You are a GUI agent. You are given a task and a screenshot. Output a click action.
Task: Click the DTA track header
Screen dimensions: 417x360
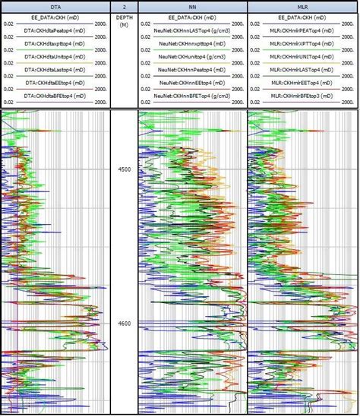tap(55, 5)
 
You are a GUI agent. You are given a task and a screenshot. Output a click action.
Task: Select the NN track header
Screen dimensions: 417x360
tap(192, 5)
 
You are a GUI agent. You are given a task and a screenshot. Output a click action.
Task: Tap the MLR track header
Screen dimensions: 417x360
tap(302, 5)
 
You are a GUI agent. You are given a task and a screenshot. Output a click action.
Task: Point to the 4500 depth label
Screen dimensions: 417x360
tap(124, 169)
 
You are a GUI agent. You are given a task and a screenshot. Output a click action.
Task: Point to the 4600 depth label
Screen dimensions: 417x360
tap(124, 324)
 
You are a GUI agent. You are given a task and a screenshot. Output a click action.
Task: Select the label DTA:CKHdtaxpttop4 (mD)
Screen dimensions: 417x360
tap(55, 46)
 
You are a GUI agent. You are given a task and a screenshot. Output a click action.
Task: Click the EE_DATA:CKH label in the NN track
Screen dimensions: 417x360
tap(192, 16)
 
